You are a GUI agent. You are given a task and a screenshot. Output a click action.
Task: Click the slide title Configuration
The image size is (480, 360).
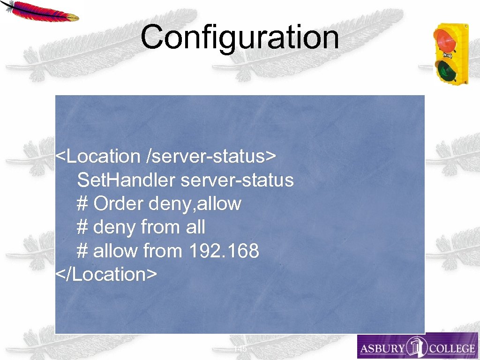tap(240, 37)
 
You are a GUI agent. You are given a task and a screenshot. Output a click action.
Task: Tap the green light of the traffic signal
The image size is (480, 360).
tap(447, 70)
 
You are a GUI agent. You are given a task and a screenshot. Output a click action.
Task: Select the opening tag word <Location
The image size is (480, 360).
tap(97, 156)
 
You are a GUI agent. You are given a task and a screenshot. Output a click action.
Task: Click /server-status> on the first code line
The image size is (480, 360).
tap(212, 156)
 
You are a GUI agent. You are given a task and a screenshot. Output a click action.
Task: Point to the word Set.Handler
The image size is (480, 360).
tap(126, 180)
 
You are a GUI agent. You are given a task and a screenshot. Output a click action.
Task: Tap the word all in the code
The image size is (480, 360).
tap(195, 227)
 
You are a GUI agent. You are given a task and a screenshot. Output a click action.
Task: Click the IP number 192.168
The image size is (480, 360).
tap(224, 251)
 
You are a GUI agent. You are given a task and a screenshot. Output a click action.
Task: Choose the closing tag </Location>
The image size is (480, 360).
tap(106, 274)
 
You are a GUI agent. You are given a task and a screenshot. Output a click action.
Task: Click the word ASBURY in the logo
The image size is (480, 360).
tap(382, 349)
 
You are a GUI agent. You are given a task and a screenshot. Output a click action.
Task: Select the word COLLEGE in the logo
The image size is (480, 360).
tap(452, 349)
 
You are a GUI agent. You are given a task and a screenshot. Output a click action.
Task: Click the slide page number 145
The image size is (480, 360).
tap(240, 350)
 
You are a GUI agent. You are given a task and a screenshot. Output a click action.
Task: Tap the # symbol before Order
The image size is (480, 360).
tap(82, 204)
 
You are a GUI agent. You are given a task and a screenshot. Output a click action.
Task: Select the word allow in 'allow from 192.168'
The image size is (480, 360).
tap(115, 251)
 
